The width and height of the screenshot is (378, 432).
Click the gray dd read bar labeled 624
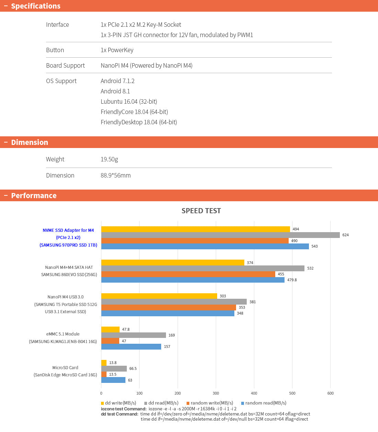coord(220,235)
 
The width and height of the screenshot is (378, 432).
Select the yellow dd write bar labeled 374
coord(173,263)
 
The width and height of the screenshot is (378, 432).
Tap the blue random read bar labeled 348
coord(168,313)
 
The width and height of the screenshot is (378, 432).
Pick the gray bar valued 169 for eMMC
coord(133,335)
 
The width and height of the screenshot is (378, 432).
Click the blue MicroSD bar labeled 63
coord(113,380)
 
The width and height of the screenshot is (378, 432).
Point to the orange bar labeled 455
coord(188,274)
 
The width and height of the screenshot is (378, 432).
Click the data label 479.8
coord(292,280)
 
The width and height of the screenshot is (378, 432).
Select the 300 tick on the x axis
coord(216,393)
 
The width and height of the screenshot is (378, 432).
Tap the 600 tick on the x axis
coord(330,393)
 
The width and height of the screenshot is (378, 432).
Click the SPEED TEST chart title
coord(201,211)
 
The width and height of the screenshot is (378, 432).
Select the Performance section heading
coord(34,195)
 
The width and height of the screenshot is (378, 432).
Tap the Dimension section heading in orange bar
coord(30,142)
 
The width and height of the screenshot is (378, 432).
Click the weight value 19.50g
coord(109,159)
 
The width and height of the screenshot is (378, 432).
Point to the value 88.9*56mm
coord(115,175)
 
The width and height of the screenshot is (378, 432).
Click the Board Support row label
coord(65,65)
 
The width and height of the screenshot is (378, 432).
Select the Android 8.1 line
coord(115,91)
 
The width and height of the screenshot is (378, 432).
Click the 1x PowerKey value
coord(117,50)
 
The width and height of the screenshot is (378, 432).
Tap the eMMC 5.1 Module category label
coord(63,334)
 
